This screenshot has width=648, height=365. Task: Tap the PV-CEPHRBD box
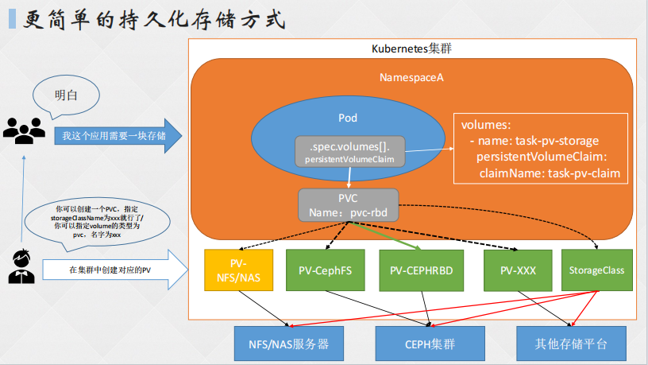422,270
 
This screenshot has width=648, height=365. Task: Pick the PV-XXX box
518,270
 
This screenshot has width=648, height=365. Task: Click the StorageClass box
596,270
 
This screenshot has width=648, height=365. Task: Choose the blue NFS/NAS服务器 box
282,345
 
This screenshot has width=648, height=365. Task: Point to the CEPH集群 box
430,345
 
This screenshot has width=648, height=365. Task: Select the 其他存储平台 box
571,345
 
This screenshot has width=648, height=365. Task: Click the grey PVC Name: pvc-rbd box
348,205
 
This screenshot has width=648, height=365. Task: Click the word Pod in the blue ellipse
348,118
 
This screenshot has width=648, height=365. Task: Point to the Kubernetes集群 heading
412,49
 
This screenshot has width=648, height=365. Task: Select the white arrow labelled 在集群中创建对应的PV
115,270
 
